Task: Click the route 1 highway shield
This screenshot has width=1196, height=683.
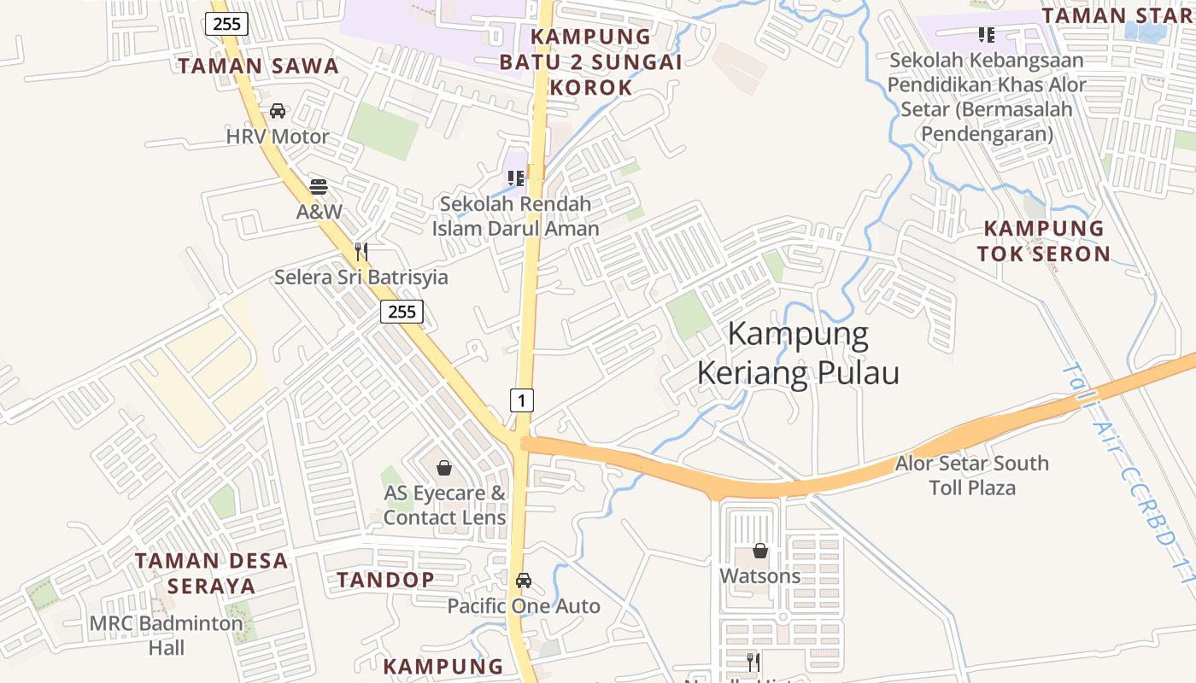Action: coord(522,400)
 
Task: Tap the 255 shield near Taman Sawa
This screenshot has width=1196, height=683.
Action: coord(226,23)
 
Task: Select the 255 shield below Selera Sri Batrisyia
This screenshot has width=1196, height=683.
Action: coord(402,312)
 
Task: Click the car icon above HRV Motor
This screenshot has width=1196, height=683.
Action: coord(278,111)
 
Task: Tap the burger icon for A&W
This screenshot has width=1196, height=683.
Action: coord(319,186)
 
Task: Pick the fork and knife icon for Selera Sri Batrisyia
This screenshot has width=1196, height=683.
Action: coord(361,251)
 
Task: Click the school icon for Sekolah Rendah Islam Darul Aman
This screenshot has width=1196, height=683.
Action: coord(515,178)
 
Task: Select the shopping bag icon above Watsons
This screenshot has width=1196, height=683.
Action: coord(760,551)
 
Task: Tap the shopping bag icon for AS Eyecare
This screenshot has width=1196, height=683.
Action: coord(444,468)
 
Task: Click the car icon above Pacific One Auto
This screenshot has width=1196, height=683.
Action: coord(524,581)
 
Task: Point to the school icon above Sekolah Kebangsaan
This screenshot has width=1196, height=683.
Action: coord(987,35)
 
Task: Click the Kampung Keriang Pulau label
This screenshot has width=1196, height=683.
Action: coord(798,353)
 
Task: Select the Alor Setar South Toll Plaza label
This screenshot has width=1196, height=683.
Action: coord(972,476)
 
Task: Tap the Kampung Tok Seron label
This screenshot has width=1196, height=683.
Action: coord(1044,241)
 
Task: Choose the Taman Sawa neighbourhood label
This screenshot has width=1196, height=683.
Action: coord(258,66)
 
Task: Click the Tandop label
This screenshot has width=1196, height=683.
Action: coord(385,580)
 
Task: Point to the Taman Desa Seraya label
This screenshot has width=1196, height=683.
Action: coord(212,573)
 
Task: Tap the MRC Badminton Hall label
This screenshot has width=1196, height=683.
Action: coord(167,635)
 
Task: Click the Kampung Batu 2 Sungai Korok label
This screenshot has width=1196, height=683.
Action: coord(591,61)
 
